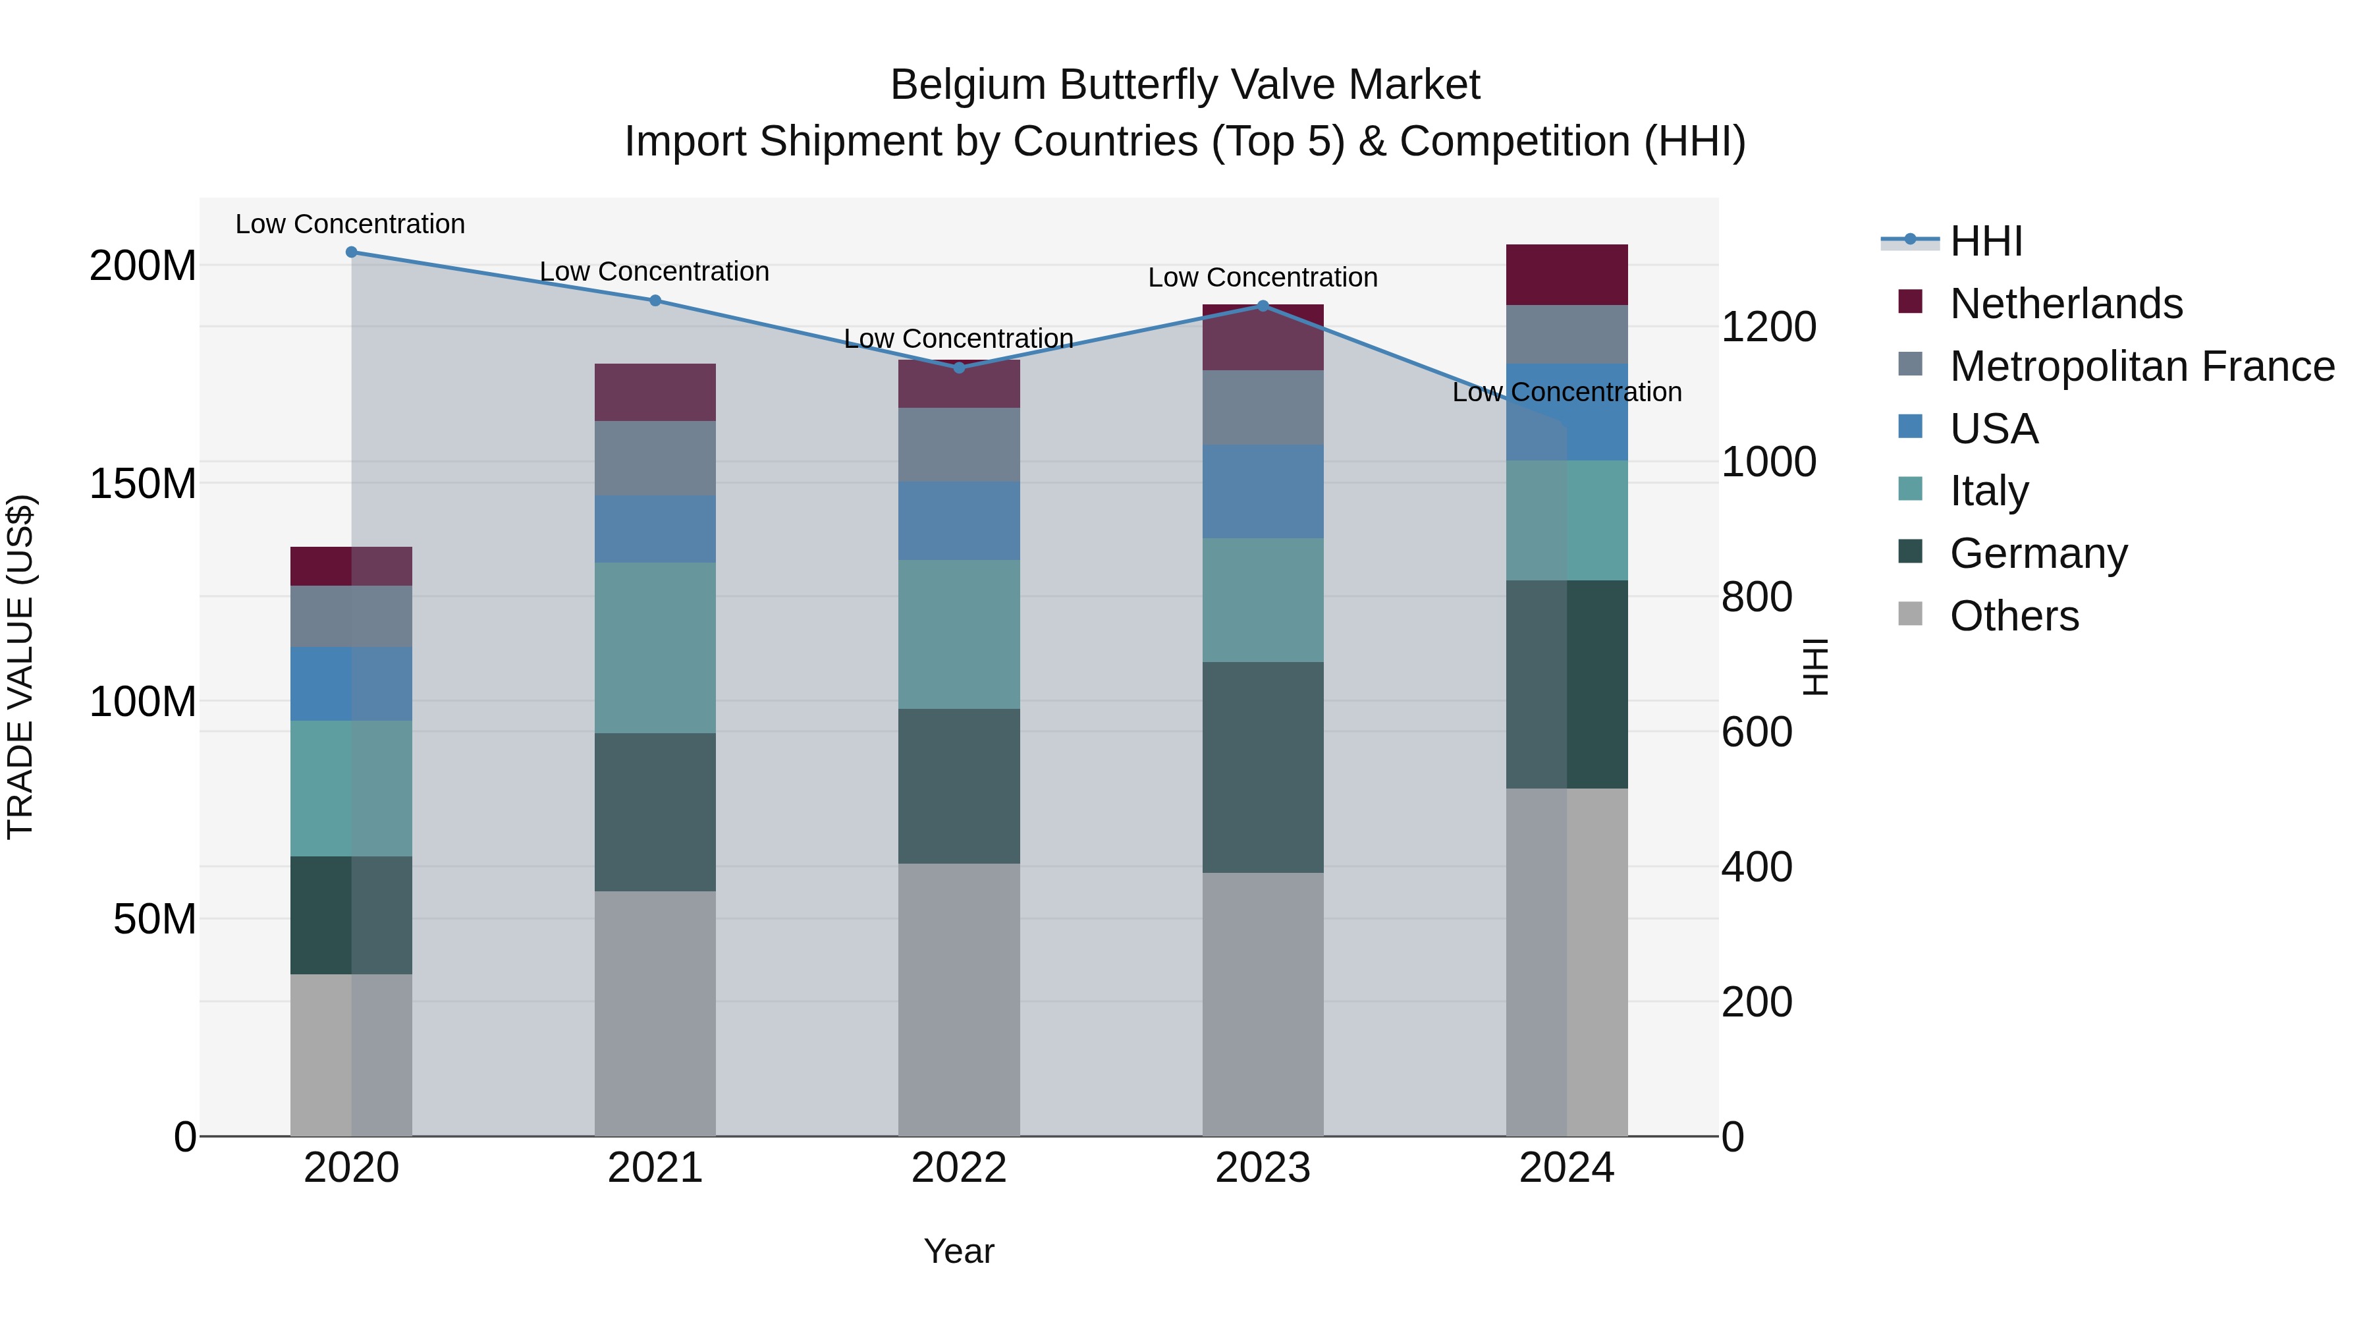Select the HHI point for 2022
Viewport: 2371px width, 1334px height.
click(x=958, y=368)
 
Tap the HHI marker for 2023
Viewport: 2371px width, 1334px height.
click(x=1262, y=306)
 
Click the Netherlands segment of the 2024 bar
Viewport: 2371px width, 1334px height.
click(x=1567, y=274)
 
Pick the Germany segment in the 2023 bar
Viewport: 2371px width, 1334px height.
click(x=1262, y=767)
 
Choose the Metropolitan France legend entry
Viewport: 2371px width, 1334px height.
click(x=2141, y=366)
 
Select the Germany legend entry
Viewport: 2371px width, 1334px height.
click(x=2038, y=553)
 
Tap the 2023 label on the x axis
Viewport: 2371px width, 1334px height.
click(x=1262, y=1167)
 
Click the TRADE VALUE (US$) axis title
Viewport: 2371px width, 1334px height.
click(x=20, y=667)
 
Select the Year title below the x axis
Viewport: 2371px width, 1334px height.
click(x=958, y=1251)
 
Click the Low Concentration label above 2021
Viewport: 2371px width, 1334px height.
click(x=655, y=271)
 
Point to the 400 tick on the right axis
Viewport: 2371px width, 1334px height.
click(x=1756, y=866)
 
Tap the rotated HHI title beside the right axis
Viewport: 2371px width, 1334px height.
click(x=1815, y=667)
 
